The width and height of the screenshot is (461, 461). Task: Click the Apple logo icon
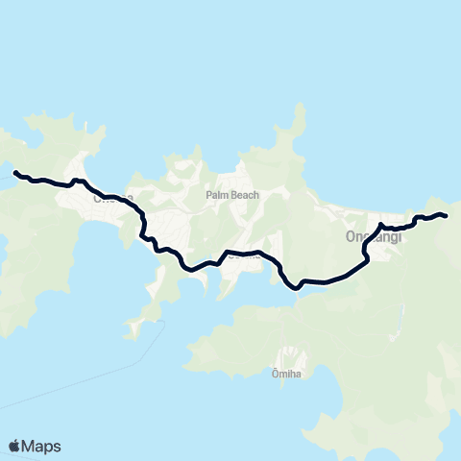[14, 446]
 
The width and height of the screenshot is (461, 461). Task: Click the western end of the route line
[14, 173]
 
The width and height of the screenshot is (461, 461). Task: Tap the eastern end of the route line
[447, 215]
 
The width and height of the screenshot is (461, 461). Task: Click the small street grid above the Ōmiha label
[288, 353]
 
